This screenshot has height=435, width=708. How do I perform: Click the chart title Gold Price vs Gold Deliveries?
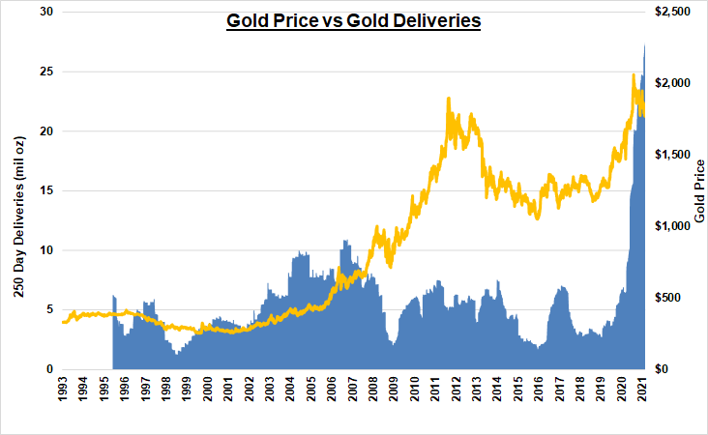(x=353, y=20)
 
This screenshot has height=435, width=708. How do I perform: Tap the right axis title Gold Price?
(x=698, y=190)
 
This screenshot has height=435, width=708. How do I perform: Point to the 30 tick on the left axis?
(x=45, y=12)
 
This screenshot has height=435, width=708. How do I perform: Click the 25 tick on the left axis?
(x=45, y=72)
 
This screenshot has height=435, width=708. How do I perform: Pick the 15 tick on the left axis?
(x=45, y=190)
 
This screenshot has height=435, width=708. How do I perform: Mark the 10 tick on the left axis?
(x=45, y=250)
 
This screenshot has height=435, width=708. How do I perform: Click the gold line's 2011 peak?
(x=449, y=99)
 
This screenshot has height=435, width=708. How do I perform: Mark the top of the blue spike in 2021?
(x=645, y=45)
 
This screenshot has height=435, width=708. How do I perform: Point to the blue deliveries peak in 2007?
(x=344, y=241)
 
